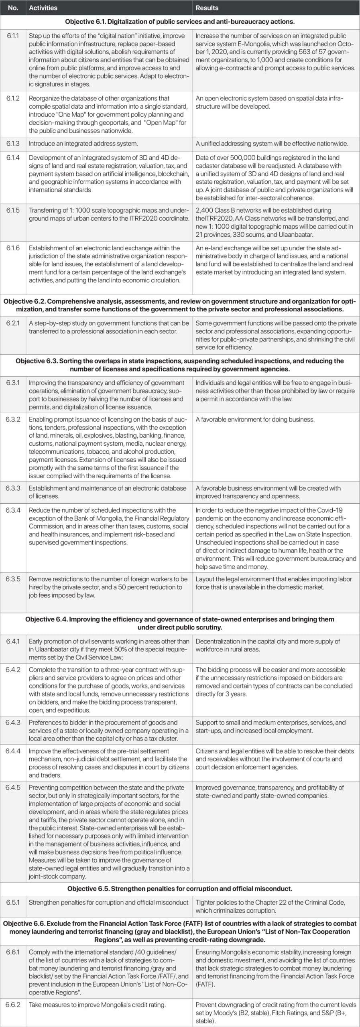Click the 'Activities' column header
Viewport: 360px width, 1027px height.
tap(43, 8)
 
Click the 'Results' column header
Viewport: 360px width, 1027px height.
tap(207, 8)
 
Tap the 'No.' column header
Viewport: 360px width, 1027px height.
tap(13, 8)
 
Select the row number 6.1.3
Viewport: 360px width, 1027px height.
tap(13, 144)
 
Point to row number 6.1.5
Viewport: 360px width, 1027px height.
tap(13, 210)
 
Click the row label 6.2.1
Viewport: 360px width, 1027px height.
tap(13, 323)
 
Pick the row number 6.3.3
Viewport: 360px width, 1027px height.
tap(13, 488)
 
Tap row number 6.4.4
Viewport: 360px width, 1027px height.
tap(13, 751)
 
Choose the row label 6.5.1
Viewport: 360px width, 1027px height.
tap(13, 902)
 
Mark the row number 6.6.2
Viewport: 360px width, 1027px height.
tap(13, 1005)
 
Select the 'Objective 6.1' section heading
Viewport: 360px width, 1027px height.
tap(180, 21)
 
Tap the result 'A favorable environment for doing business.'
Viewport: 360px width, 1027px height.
tap(255, 420)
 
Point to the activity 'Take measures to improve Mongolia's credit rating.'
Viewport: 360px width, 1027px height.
tap(97, 1005)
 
